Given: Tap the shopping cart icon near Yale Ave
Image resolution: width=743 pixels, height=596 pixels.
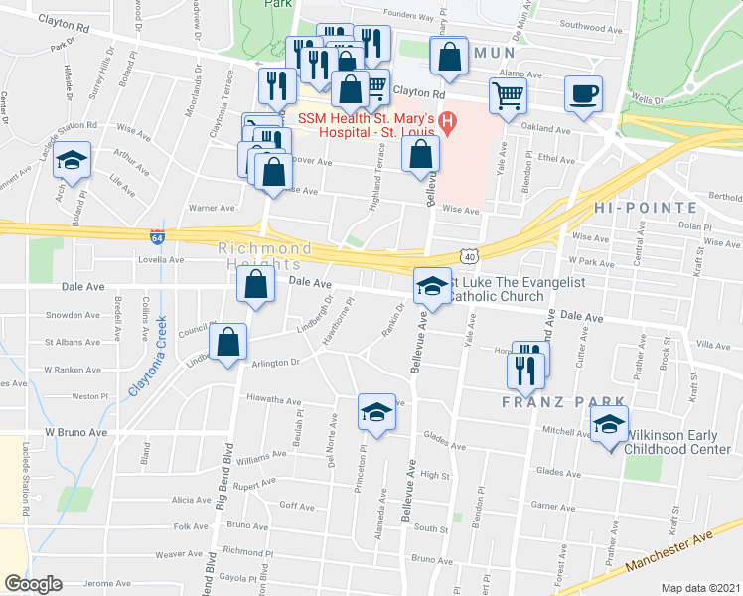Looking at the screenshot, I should [x=507, y=97].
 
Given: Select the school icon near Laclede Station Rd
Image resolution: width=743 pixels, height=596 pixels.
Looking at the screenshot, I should [x=72, y=162].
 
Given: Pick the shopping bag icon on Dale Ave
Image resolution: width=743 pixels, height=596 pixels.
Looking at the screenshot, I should [x=256, y=284].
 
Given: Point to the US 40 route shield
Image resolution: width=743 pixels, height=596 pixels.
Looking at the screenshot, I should [x=469, y=257].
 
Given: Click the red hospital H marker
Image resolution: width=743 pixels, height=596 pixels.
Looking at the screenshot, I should [x=448, y=124].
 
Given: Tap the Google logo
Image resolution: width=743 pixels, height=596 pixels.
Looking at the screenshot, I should [x=34, y=584].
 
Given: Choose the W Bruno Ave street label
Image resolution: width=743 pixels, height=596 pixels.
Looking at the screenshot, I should [x=74, y=433].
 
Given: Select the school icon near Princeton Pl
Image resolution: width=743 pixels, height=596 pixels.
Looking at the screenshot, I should [x=376, y=413].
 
